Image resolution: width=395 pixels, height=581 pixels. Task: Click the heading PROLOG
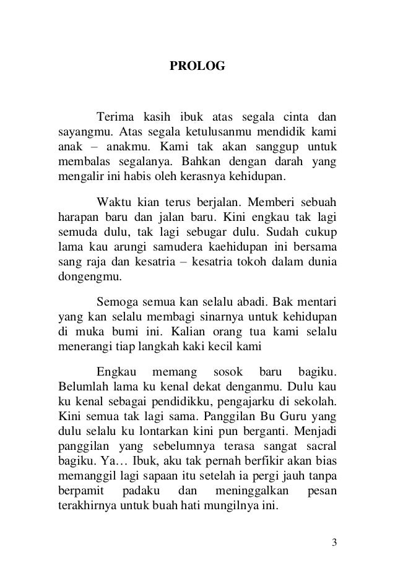[197, 64]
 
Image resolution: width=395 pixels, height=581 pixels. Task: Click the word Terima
[115, 116]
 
